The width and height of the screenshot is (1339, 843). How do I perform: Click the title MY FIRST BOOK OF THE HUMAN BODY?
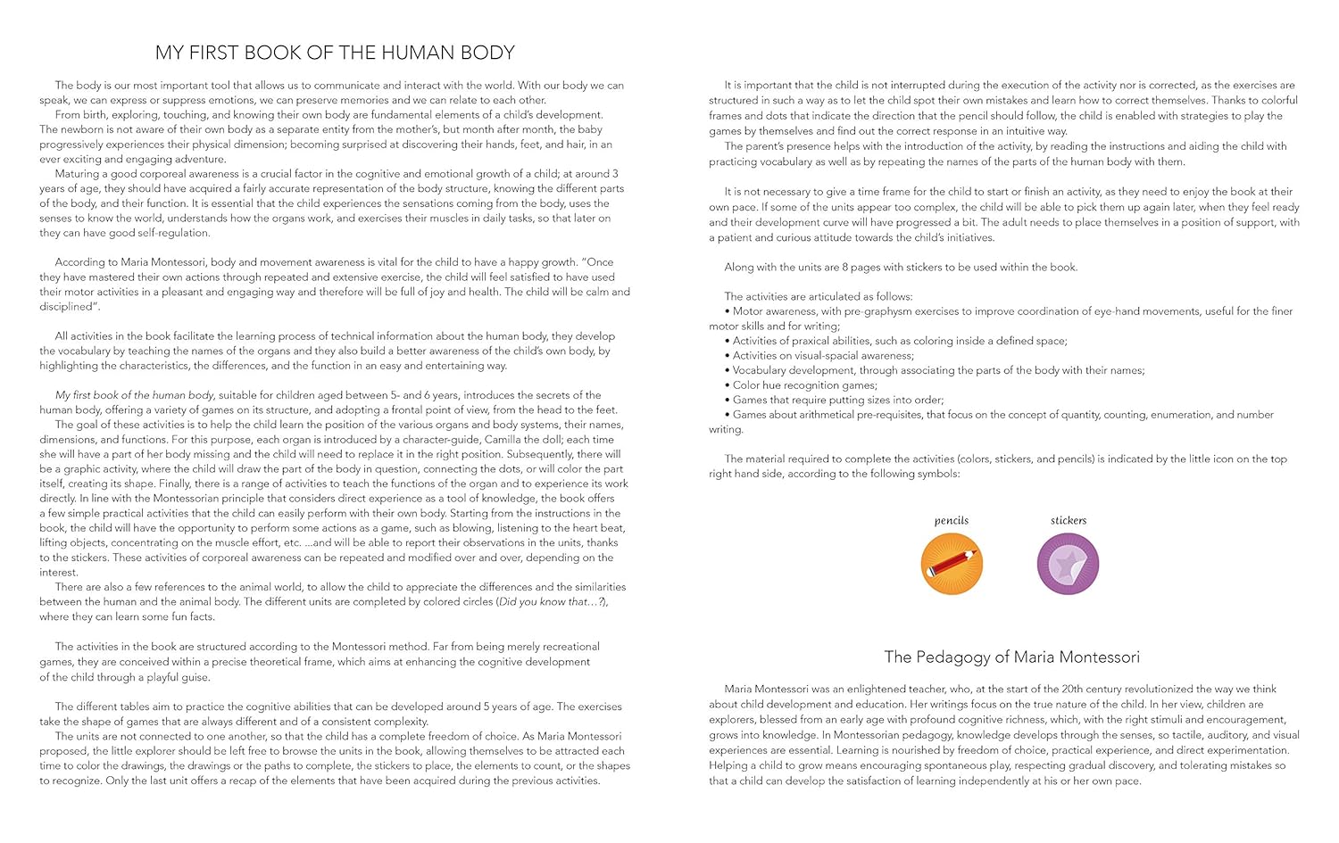(x=335, y=53)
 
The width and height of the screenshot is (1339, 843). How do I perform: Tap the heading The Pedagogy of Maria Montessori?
(x=1011, y=657)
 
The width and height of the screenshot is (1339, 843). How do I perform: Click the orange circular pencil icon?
(x=952, y=564)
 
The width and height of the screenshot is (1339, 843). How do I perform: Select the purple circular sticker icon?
(x=1068, y=564)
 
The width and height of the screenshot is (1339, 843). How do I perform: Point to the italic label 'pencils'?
(x=952, y=520)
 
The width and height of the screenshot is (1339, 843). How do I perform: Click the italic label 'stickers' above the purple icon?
(x=1069, y=520)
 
